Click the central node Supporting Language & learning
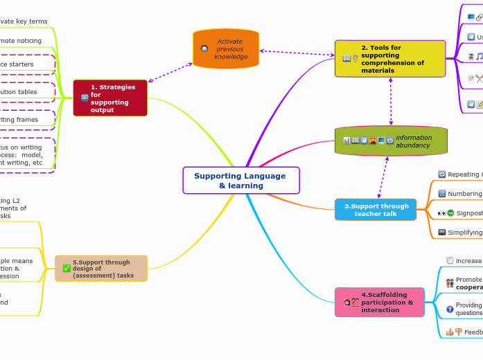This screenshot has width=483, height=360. pos(240,180)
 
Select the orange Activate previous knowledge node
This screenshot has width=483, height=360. pos(226,48)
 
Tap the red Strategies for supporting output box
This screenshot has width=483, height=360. pos(110,98)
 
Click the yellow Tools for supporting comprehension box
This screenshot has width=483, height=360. pos(390,58)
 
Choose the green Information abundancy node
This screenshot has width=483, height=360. pos(391,141)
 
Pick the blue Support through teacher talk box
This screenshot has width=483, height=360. pos(376,210)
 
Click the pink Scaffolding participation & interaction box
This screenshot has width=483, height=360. pos(379,302)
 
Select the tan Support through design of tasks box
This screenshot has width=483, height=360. pos(101,268)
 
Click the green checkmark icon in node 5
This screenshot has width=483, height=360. pos(67,268)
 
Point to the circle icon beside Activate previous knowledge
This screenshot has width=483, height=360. pos(204,48)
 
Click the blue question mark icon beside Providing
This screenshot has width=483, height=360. pos(450,309)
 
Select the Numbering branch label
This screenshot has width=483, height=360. pos(464,194)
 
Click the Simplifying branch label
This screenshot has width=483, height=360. pos(464,233)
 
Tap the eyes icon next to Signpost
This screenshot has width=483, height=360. pos(441,213)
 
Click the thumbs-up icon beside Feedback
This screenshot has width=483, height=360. pos(450,332)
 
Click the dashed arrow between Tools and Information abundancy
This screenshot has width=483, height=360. pos(391,101)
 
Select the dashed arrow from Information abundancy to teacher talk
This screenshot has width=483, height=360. pos(383,178)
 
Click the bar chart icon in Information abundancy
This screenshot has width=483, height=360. pos(346,141)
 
